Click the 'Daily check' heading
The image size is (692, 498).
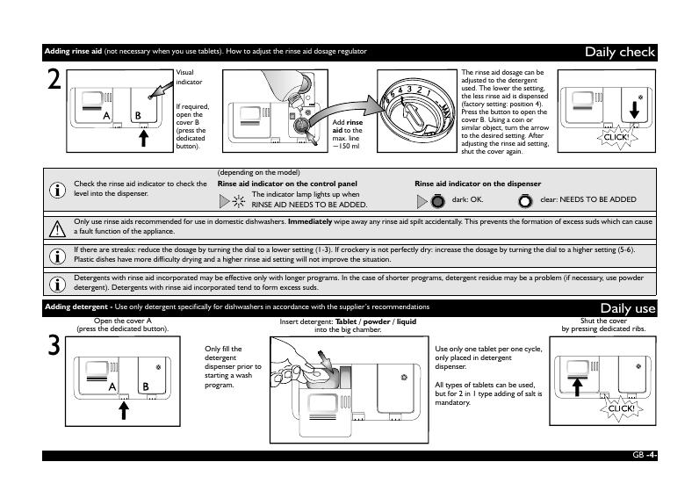coord(620,52)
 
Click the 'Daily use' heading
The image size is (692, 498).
coord(628,307)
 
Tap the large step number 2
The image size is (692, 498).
coord(54,80)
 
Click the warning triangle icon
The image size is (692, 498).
coord(58,228)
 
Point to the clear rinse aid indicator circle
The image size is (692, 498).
coord(525,200)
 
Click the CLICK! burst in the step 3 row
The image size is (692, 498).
coord(620,408)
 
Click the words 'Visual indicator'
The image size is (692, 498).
coord(189,76)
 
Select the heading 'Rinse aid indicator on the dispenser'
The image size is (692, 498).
coord(477,184)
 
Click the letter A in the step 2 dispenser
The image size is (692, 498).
coord(105,117)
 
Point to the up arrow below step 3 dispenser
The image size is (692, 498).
coord(124,408)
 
